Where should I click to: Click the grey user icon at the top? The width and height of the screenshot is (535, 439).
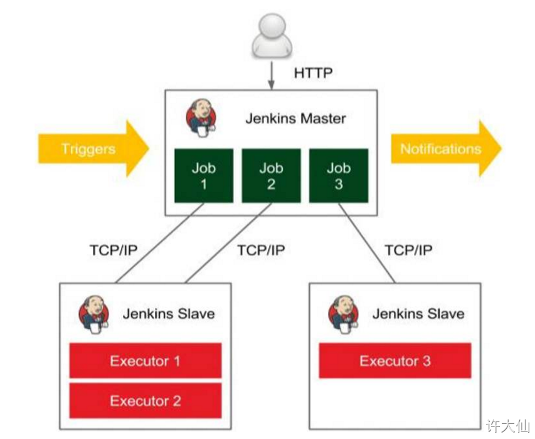tap(271, 37)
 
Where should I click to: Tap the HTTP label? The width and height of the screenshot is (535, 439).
tap(313, 73)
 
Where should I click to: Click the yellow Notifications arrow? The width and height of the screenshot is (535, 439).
tap(445, 149)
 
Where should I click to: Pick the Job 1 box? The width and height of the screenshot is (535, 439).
tap(204, 176)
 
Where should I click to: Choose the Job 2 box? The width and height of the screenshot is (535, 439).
tap(271, 176)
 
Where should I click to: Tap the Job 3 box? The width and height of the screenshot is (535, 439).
tap(339, 176)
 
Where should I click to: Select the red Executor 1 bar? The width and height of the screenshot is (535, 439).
tap(145, 361)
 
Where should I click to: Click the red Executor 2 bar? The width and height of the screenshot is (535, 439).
tap(145, 401)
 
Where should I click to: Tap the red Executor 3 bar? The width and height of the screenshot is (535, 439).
tap(395, 361)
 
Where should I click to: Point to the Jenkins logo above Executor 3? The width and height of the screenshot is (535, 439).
tap(344, 314)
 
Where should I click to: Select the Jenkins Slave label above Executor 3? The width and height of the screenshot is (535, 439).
tap(418, 314)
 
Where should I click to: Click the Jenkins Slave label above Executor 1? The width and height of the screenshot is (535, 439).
tap(168, 314)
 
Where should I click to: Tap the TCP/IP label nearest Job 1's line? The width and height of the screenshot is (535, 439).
tap(114, 250)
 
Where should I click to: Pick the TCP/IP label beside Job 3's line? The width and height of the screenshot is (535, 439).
tap(408, 250)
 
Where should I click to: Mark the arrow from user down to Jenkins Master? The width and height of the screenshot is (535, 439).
tap(271, 75)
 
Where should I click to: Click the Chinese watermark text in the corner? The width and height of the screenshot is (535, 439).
tap(508, 426)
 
